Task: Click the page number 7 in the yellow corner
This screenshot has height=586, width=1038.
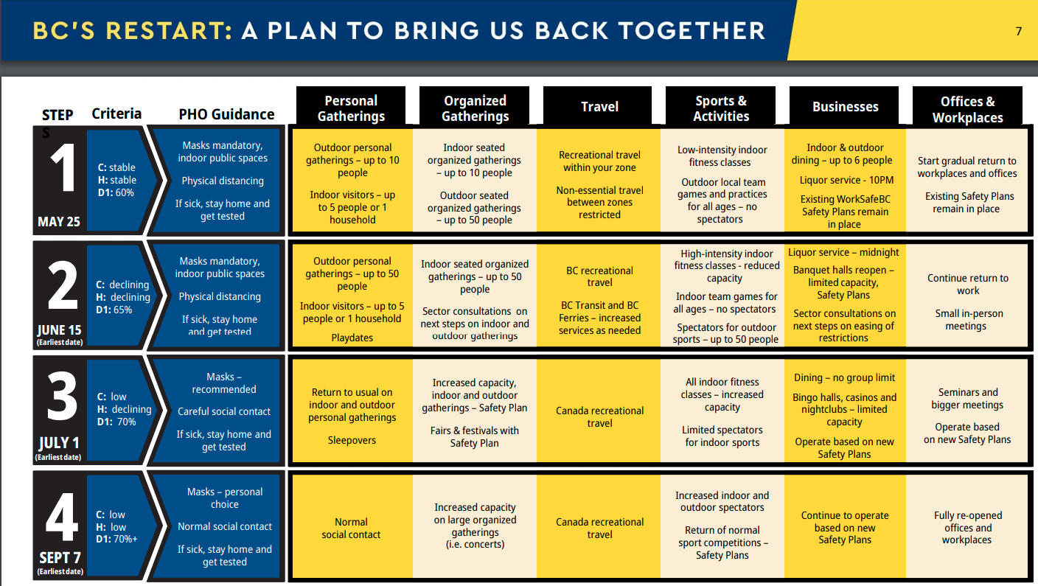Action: [1019, 32]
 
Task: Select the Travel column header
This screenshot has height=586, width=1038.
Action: [599, 107]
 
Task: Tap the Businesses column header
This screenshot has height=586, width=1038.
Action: [845, 107]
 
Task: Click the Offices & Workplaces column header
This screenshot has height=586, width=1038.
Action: [967, 109]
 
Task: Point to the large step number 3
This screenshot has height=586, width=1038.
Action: [62, 397]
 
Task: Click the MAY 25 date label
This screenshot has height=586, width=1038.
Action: [59, 221]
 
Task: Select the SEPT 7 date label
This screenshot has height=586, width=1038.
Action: [60, 557]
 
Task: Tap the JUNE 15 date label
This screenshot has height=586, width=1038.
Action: [59, 329]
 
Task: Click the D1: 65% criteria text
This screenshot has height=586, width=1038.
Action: [114, 310]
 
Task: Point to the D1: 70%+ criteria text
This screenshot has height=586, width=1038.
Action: [116, 539]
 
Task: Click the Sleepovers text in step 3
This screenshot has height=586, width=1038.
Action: [352, 440]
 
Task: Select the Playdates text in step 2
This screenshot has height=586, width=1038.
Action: [352, 338]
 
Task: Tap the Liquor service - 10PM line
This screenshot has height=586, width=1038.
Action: [846, 180]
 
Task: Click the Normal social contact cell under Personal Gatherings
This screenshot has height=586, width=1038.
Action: [351, 528]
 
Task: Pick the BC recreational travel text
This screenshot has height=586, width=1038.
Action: [599, 276]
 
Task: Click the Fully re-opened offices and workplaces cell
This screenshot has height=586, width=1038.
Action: [967, 528]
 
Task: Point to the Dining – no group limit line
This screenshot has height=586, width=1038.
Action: [844, 377]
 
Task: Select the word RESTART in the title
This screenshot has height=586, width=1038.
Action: [169, 31]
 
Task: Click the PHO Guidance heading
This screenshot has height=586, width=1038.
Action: [226, 114]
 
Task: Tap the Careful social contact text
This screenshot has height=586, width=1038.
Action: [224, 411]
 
